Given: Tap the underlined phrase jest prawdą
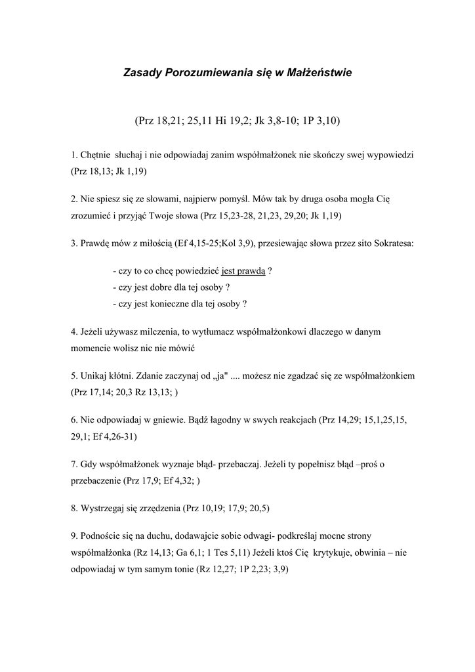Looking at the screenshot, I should pos(243,270).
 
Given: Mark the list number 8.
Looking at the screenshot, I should pos(73,508).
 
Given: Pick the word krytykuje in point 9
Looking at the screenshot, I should pos(333,553).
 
